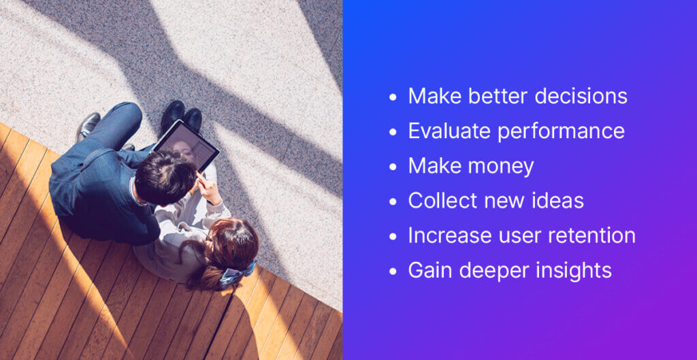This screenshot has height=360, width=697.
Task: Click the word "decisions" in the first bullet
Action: [581, 97]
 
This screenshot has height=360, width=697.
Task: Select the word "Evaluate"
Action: [449, 131]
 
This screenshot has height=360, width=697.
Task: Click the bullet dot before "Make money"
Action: [393, 167]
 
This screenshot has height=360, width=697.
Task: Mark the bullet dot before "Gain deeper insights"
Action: [393, 271]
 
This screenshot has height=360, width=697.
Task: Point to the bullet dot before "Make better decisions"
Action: [393, 97]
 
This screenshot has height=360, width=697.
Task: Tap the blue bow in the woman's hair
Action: [237, 273]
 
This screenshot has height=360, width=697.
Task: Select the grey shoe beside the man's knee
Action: [88, 126]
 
